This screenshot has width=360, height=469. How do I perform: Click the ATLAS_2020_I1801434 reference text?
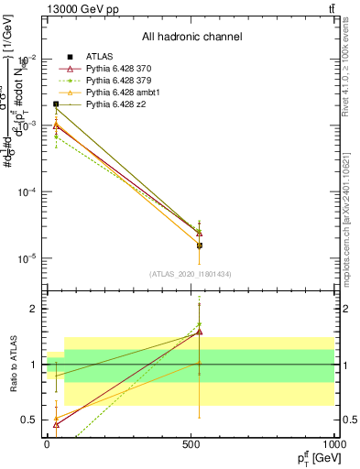click(x=191, y=274)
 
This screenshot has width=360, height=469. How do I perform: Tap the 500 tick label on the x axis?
click(x=191, y=444)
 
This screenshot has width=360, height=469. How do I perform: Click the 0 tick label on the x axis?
click(x=47, y=444)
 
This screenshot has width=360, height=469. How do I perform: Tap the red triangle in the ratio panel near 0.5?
click(x=57, y=424)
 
